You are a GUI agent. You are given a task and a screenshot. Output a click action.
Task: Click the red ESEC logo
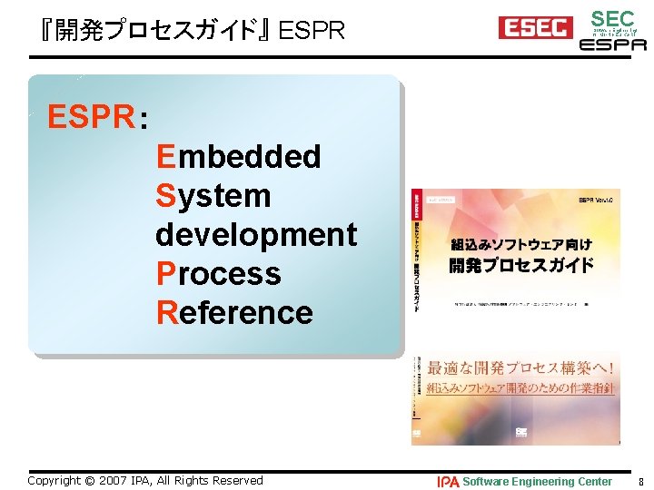pyautogui.click(x=535, y=28)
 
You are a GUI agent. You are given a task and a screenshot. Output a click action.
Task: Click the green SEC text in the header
pyautogui.click(x=612, y=18)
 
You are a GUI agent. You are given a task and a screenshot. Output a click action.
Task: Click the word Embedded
pyautogui.click(x=238, y=156)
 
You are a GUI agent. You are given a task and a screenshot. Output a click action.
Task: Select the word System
pyautogui.click(x=213, y=195)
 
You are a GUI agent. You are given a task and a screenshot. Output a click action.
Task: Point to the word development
pyautogui.click(x=256, y=234)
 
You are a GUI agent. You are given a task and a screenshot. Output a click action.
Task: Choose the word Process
pyautogui.click(x=219, y=273)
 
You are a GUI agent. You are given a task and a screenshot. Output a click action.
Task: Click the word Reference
pyautogui.click(x=234, y=312)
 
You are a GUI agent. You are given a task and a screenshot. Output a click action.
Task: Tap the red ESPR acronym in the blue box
pyautogui.click(x=91, y=117)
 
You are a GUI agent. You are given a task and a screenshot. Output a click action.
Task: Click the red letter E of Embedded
pyautogui.click(x=165, y=156)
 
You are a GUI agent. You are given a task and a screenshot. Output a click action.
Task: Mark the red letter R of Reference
pyautogui.click(x=166, y=312)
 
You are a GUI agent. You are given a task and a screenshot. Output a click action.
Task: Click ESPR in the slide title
pyautogui.click(x=312, y=32)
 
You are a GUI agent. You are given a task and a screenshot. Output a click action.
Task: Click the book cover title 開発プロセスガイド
pyautogui.click(x=521, y=265)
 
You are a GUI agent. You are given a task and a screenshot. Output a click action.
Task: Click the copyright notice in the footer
pyautogui.click(x=145, y=480)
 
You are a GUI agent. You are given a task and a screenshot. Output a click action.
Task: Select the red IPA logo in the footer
pyautogui.click(x=448, y=481)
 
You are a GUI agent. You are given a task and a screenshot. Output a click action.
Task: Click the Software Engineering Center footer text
pyautogui.click(x=538, y=481)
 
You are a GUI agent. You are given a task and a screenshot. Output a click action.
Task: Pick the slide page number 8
pyautogui.click(x=641, y=481)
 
